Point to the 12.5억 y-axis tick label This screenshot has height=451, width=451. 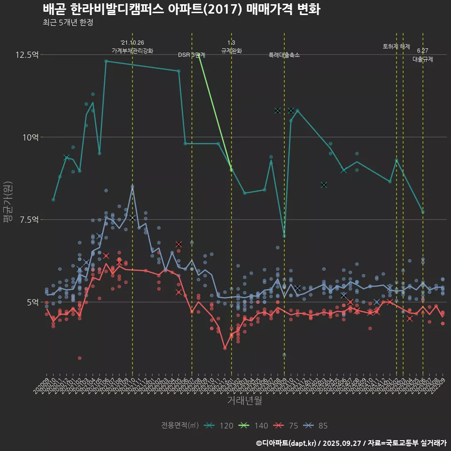tap(27, 54)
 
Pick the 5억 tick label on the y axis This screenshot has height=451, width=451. tap(31, 302)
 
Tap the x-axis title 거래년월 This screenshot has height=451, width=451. tap(244, 400)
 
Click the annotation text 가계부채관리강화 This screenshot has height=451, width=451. tap(132, 50)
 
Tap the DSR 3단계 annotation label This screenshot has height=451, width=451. tap(191, 55)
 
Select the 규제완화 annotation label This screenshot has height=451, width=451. tap(232, 50)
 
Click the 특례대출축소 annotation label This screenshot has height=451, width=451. tap(284, 55)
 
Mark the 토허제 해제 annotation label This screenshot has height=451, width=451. tap(396, 47)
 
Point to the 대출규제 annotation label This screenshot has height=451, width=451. tap(423, 59)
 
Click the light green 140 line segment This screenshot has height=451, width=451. tap(215, 112)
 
